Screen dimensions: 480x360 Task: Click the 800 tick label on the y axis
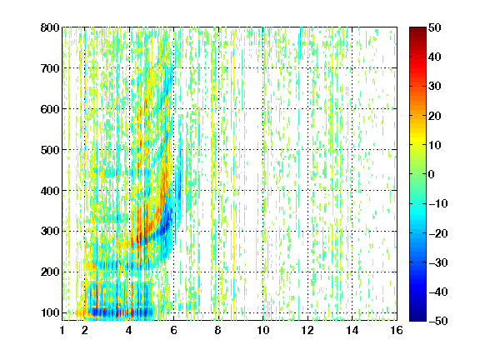tap(50, 27)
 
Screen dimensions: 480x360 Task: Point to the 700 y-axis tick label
tap(50, 68)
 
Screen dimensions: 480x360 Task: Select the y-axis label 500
tap(50, 150)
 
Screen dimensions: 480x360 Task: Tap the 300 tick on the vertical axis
tap(50, 231)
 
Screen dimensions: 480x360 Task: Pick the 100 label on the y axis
tap(50, 312)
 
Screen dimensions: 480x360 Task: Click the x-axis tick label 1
tap(62, 330)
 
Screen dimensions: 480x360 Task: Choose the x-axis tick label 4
tap(129, 330)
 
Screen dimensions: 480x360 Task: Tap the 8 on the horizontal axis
tap(217, 330)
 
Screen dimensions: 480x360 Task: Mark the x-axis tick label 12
tap(307, 330)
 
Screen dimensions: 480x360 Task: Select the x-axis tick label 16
tap(397, 330)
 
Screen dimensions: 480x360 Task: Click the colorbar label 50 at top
tap(434, 27)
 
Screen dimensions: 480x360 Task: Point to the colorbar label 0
tap(432, 174)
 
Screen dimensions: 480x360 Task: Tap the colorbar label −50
tap(437, 321)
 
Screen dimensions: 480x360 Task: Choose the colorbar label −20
tap(437, 233)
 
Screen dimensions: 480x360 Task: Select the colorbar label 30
tap(434, 86)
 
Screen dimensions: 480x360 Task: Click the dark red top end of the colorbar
tap(417, 29)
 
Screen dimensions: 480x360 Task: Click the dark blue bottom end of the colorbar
tap(417, 318)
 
